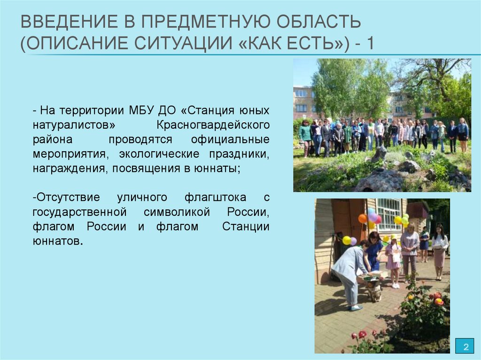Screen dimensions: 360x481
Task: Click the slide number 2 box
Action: tap(465, 347)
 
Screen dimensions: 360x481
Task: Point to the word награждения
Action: tap(69, 169)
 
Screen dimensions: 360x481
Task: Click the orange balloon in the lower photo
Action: tap(363, 218)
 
